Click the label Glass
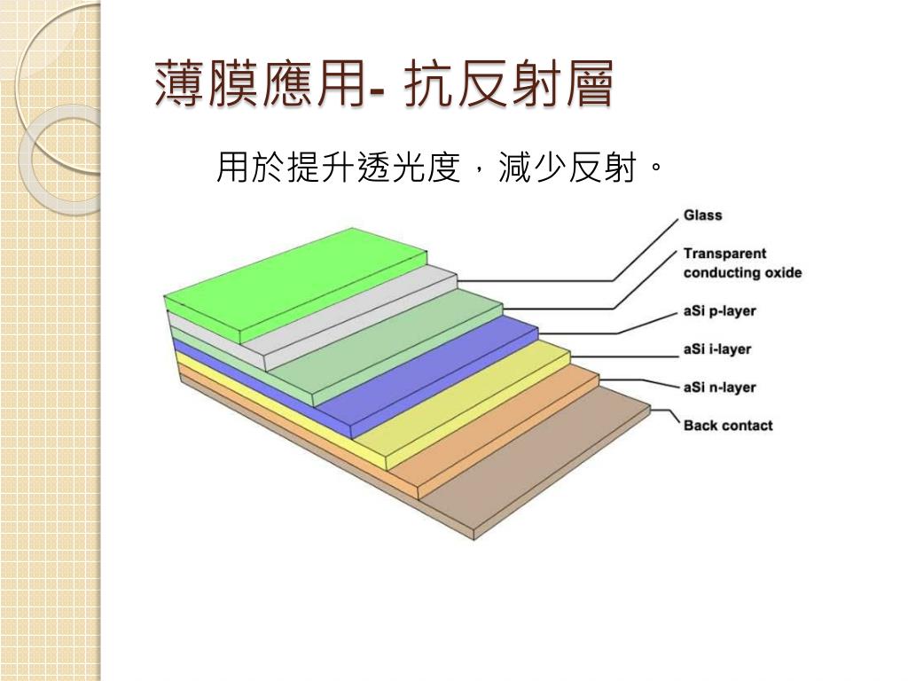coord(702,215)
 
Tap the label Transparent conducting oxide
coord(741,263)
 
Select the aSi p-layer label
coord(719,311)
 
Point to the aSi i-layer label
coord(716,349)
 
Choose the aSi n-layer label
coord(719,387)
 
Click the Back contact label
coord(727,426)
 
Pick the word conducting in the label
coord(718,272)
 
